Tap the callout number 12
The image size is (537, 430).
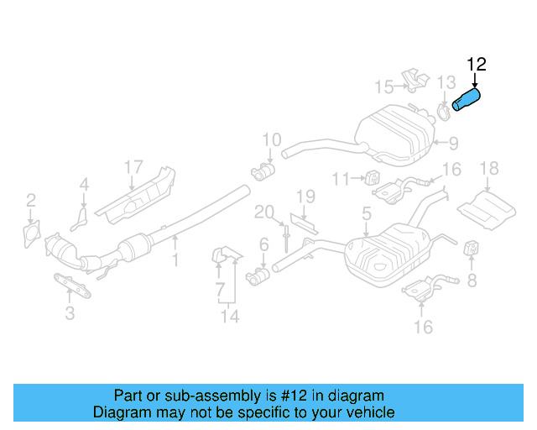[477, 64]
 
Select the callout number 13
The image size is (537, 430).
[446, 81]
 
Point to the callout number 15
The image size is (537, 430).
[383, 87]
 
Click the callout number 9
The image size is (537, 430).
[453, 143]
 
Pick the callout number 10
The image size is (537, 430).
[271, 139]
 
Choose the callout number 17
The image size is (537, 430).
[134, 167]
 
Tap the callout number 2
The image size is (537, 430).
[31, 200]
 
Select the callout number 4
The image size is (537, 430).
[84, 184]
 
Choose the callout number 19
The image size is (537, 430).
[305, 197]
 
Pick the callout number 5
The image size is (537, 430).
[367, 215]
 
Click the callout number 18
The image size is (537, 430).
[488, 171]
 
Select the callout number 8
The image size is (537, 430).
[472, 279]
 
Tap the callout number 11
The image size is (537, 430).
[340, 178]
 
